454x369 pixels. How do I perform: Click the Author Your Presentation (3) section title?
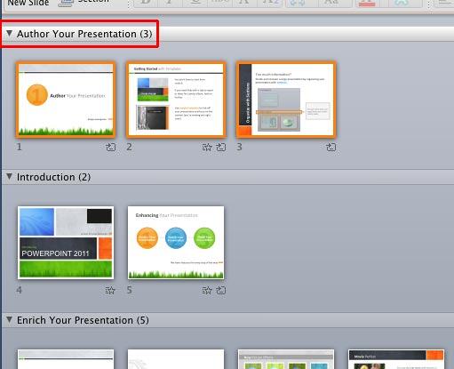84,35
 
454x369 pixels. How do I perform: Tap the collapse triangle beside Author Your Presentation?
9,35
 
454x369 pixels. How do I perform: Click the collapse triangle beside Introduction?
9,177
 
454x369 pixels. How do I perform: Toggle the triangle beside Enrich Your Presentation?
9,319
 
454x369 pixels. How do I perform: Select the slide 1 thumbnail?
66,100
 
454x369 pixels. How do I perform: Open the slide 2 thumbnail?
176,100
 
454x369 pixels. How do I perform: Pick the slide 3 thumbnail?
286,100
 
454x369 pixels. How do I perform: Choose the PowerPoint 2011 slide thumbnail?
66,242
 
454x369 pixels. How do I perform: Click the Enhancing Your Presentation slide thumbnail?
176,242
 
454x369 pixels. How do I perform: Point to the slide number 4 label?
20,290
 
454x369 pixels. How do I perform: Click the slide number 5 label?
130,290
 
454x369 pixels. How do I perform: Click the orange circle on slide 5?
147,237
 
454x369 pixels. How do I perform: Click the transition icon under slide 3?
331,147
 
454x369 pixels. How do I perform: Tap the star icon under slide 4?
110,290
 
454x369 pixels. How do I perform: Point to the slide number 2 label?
130,147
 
